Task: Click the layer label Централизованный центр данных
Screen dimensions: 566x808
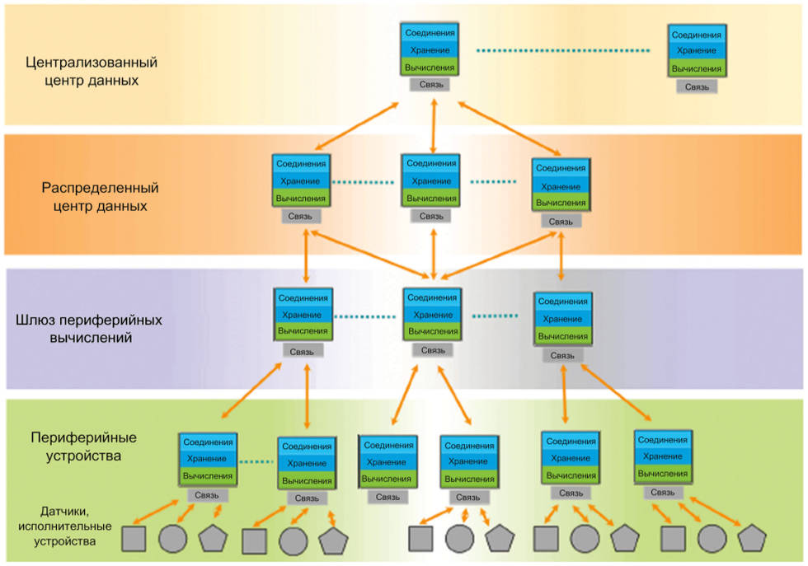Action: [92, 71]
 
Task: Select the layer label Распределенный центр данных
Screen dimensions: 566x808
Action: [100, 196]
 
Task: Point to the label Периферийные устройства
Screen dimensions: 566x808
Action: [83, 445]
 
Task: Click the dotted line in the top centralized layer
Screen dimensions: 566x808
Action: [562, 51]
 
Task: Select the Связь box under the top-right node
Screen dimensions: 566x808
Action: [696, 86]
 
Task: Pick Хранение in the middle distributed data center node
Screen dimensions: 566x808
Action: [431, 181]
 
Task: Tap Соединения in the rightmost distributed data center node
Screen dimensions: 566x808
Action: [561, 168]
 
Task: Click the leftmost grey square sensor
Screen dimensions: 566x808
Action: [134, 540]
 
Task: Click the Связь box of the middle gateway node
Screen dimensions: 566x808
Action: [433, 350]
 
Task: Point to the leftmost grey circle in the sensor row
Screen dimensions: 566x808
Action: [172, 540]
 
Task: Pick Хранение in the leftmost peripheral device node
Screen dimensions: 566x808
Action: [207, 459]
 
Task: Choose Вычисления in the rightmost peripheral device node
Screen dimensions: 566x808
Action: [663, 474]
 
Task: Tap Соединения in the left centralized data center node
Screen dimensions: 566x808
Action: [430, 33]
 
